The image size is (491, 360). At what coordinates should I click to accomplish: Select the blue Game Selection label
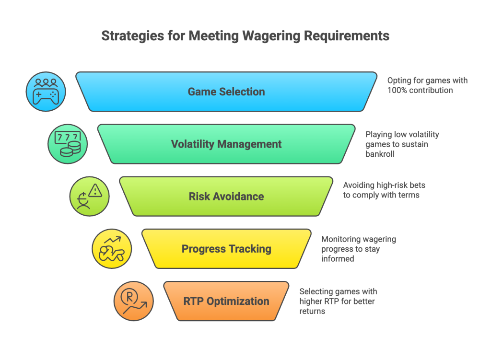click(x=226, y=92)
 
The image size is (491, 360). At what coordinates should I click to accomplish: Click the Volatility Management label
click(x=226, y=144)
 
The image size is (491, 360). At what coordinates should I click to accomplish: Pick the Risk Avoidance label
click(x=226, y=196)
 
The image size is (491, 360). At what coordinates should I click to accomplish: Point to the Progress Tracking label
click(x=226, y=249)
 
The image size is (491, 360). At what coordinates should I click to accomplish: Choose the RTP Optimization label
click(x=226, y=301)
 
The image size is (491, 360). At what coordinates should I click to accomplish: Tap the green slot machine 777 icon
click(x=68, y=144)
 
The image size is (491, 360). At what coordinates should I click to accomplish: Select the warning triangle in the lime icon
click(x=95, y=191)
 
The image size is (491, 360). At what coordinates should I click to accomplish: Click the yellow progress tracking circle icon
click(x=112, y=249)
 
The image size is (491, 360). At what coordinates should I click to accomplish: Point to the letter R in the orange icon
click(x=129, y=296)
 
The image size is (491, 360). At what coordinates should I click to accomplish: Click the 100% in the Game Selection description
click(x=397, y=90)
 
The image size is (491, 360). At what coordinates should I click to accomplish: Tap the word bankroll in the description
click(x=380, y=154)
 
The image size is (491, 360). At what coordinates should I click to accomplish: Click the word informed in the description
click(x=338, y=258)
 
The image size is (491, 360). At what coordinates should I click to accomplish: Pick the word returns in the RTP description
click(x=312, y=311)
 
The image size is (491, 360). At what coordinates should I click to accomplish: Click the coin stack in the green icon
click(x=71, y=149)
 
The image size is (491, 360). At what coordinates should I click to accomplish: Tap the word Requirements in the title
click(x=347, y=36)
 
